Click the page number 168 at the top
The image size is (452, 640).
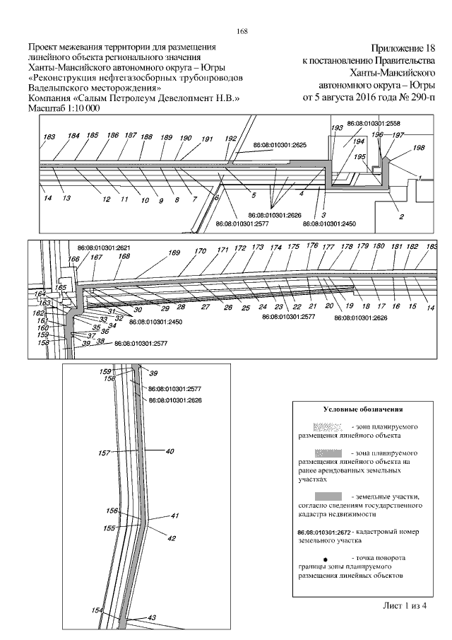[240, 31]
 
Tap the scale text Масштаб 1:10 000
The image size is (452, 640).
[63, 109]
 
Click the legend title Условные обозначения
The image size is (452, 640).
[362, 409]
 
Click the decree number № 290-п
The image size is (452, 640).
[415, 96]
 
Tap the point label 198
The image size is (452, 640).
[419, 148]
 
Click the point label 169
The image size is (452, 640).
[174, 252]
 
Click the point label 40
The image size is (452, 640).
[169, 450]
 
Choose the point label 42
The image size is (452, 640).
[171, 538]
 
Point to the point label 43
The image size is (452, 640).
[152, 617]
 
